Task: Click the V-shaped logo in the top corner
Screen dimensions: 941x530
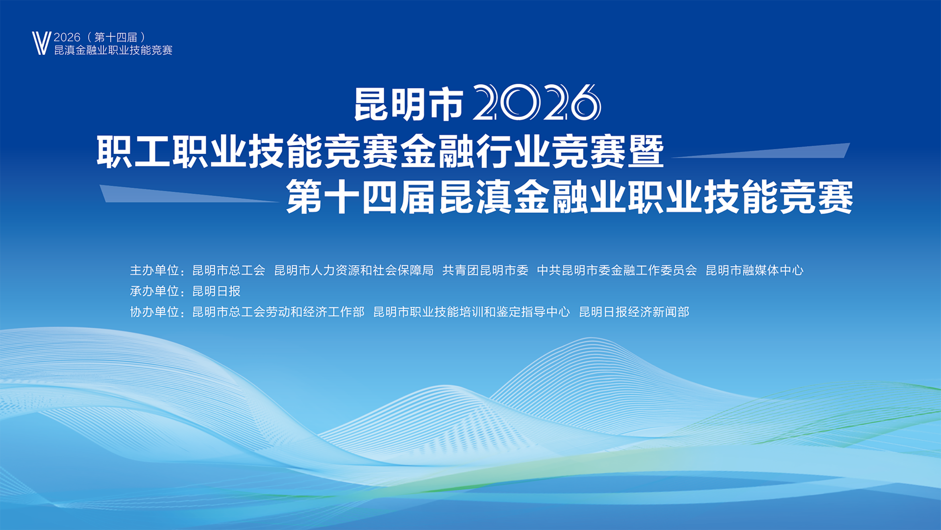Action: (x=42, y=43)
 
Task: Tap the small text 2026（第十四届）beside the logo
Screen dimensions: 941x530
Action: (x=99, y=37)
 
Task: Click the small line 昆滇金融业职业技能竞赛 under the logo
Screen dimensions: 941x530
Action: (x=113, y=50)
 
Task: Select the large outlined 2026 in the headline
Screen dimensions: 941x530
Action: (x=537, y=102)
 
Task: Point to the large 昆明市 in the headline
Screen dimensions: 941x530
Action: (x=409, y=104)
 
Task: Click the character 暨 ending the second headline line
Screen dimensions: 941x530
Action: (x=646, y=151)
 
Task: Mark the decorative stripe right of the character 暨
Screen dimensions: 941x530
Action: (x=761, y=151)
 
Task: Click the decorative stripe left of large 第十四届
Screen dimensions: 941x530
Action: (x=189, y=194)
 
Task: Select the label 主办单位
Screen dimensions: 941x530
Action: (x=154, y=270)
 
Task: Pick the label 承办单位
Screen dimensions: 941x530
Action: (x=154, y=291)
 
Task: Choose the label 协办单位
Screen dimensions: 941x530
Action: (x=154, y=312)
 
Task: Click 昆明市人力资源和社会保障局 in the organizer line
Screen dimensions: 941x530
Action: (x=354, y=270)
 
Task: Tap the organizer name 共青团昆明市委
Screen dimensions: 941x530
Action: (x=485, y=270)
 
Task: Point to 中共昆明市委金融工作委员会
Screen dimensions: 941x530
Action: (x=617, y=270)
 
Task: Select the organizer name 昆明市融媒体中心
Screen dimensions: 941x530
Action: (x=755, y=270)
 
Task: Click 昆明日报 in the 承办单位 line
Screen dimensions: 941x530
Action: (x=217, y=291)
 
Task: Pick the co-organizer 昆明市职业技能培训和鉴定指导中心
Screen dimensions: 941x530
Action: (x=471, y=312)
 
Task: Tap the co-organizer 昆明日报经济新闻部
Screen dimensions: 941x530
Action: (x=634, y=312)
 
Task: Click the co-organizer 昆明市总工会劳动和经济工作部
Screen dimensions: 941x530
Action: (x=278, y=312)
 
